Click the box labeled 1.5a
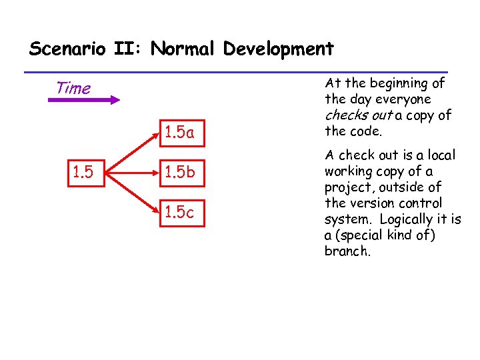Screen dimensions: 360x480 (x=181, y=133)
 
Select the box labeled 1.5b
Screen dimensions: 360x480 (x=181, y=173)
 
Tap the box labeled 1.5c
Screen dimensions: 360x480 (x=181, y=213)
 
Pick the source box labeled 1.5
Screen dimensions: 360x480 (x=83, y=173)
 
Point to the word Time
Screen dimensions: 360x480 (x=73, y=88)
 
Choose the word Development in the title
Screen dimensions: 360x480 (x=279, y=49)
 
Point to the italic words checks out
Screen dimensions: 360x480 (x=359, y=115)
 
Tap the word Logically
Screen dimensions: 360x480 (x=411, y=219)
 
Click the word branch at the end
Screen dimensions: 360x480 (x=346, y=251)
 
